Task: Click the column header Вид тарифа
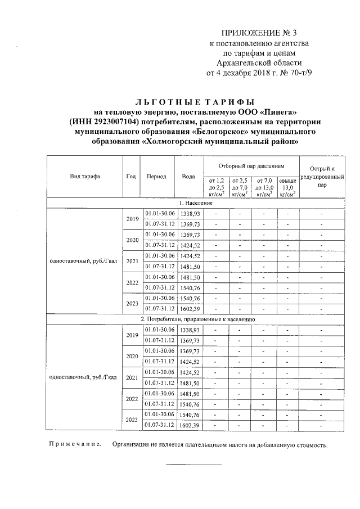pos(85,176)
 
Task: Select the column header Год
pos(132,176)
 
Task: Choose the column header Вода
pos(188,176)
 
